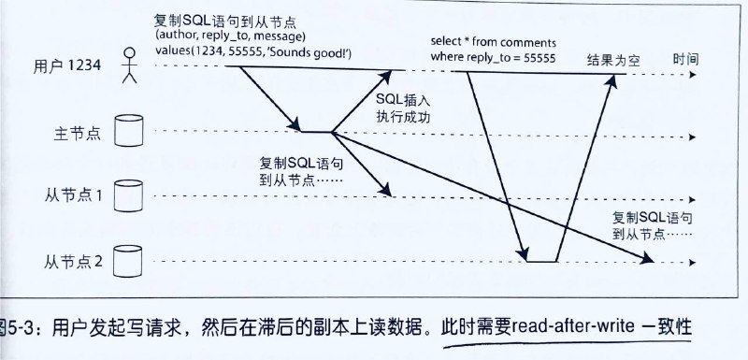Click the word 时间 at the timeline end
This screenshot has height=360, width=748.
[x=683, y=58]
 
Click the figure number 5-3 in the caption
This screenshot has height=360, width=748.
[x=27, y=330]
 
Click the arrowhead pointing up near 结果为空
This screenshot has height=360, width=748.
[x=612, y=80]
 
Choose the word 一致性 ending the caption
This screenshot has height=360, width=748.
[x=669, y=330]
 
